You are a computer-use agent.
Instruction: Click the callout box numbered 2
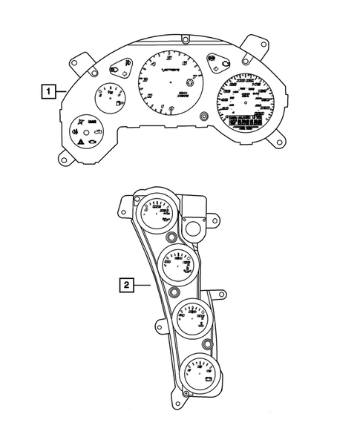tap(127, 283)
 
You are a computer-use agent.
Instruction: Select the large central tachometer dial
tap(171, 79)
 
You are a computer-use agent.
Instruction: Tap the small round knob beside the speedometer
tap(204, 115)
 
